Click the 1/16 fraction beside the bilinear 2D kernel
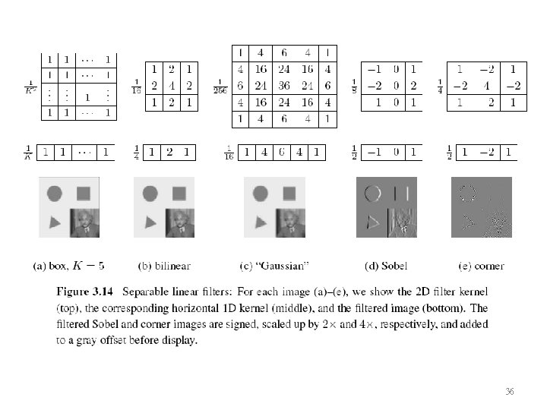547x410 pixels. click(137, 85)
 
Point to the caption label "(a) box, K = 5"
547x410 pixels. click(68, 266)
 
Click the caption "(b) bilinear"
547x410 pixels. click(164, 266)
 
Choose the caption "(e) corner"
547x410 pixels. click(481, 266)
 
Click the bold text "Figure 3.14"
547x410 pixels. click(83, 292)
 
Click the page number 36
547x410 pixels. click(510, 391)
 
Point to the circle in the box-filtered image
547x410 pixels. click(55, 193)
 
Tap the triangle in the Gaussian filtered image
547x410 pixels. click(261, 222)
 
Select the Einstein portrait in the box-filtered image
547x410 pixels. click(84, 223)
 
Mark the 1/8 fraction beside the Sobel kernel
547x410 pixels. click(354, 85)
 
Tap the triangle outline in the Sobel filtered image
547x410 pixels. click(372, 222)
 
